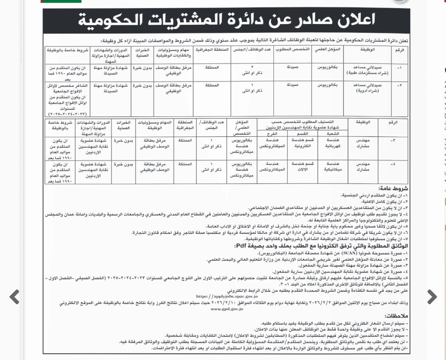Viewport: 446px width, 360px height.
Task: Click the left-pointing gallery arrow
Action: [x=14, y=296]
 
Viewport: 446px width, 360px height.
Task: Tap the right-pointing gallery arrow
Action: [x=432, y=296]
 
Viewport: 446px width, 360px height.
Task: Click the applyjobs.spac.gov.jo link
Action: [x=227, y=296]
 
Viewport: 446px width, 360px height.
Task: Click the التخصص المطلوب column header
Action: [x=294, y=50]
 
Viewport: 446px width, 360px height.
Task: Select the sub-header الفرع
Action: [x=272, y=133]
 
